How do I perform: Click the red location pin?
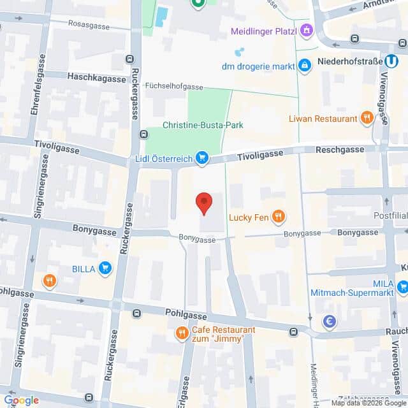tap(203, 203)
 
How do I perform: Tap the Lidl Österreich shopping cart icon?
tap(202, 157)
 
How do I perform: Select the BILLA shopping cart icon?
tap(105, 268)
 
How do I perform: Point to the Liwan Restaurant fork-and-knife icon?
tap(367, 118)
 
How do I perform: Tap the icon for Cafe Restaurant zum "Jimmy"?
tap(182, 333)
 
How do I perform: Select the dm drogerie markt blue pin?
tap(305, 66)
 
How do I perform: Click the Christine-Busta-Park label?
tap(194, 126)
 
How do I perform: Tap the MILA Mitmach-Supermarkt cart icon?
tap(402, 287)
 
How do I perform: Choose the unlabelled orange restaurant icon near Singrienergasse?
tap(49, 280)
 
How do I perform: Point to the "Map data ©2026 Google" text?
tap(368, 403)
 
